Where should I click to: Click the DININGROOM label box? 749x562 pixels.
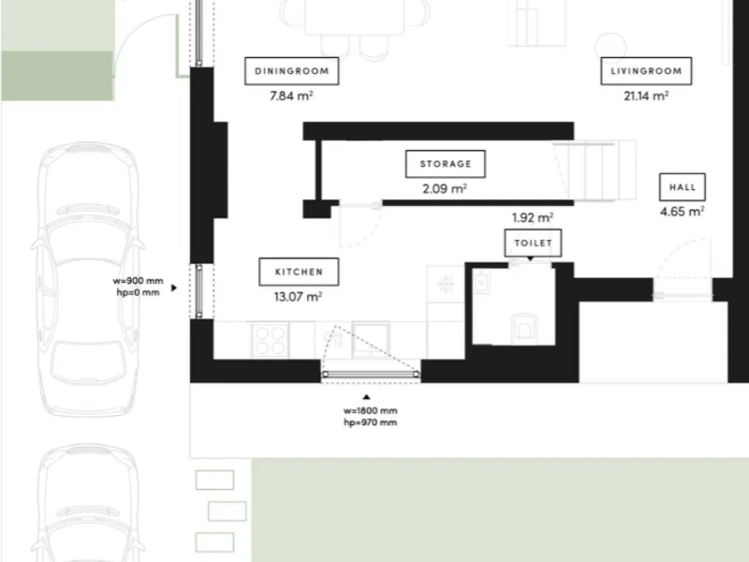pos(292,71)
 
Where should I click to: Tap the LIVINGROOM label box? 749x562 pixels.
pos(646,71)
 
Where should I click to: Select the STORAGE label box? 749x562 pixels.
pos(446,164)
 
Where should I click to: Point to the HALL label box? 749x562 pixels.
pos(683,186)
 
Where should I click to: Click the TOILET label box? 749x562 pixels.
pos(533,243)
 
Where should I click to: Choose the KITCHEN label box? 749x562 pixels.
pos(299,272)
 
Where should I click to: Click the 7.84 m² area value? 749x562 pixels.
pos(291,96)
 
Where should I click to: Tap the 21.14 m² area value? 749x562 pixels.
pos(646,96)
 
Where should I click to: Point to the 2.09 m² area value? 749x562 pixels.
pos(445,189)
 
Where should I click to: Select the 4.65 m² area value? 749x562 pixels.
pos(683,212)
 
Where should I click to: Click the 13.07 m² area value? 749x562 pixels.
pos(298,297)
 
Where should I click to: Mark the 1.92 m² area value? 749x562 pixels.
pos(533,218)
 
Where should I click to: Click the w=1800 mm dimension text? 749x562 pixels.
pos(370,410)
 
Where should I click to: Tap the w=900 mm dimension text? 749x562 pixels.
pos(138,281)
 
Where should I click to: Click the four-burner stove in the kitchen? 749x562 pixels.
pos(270,340)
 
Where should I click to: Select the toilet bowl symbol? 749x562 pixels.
pos(524,328)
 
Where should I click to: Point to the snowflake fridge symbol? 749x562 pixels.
pos(446,284)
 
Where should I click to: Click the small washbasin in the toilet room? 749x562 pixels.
pos(481,283)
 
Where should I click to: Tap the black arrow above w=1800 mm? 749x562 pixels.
pos(366,396)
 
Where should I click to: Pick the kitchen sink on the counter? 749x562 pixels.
pos(371,339)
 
